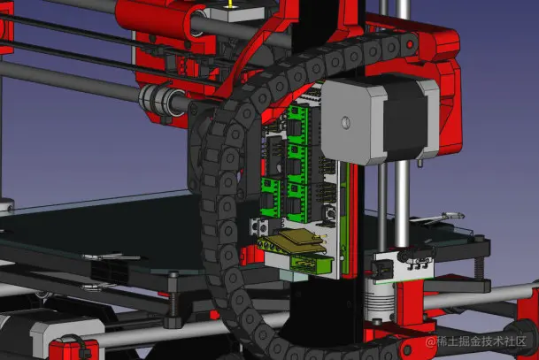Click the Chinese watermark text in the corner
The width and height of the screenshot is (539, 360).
tap(476, 341)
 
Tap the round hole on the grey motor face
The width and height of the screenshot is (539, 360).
tap(346, 123)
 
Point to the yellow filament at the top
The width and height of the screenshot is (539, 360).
tap(229, 4)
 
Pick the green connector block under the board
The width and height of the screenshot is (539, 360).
tap(312, 264)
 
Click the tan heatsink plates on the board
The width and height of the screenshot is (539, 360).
tap(296, 241)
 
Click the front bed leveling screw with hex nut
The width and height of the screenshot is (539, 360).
tap(173, 300)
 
